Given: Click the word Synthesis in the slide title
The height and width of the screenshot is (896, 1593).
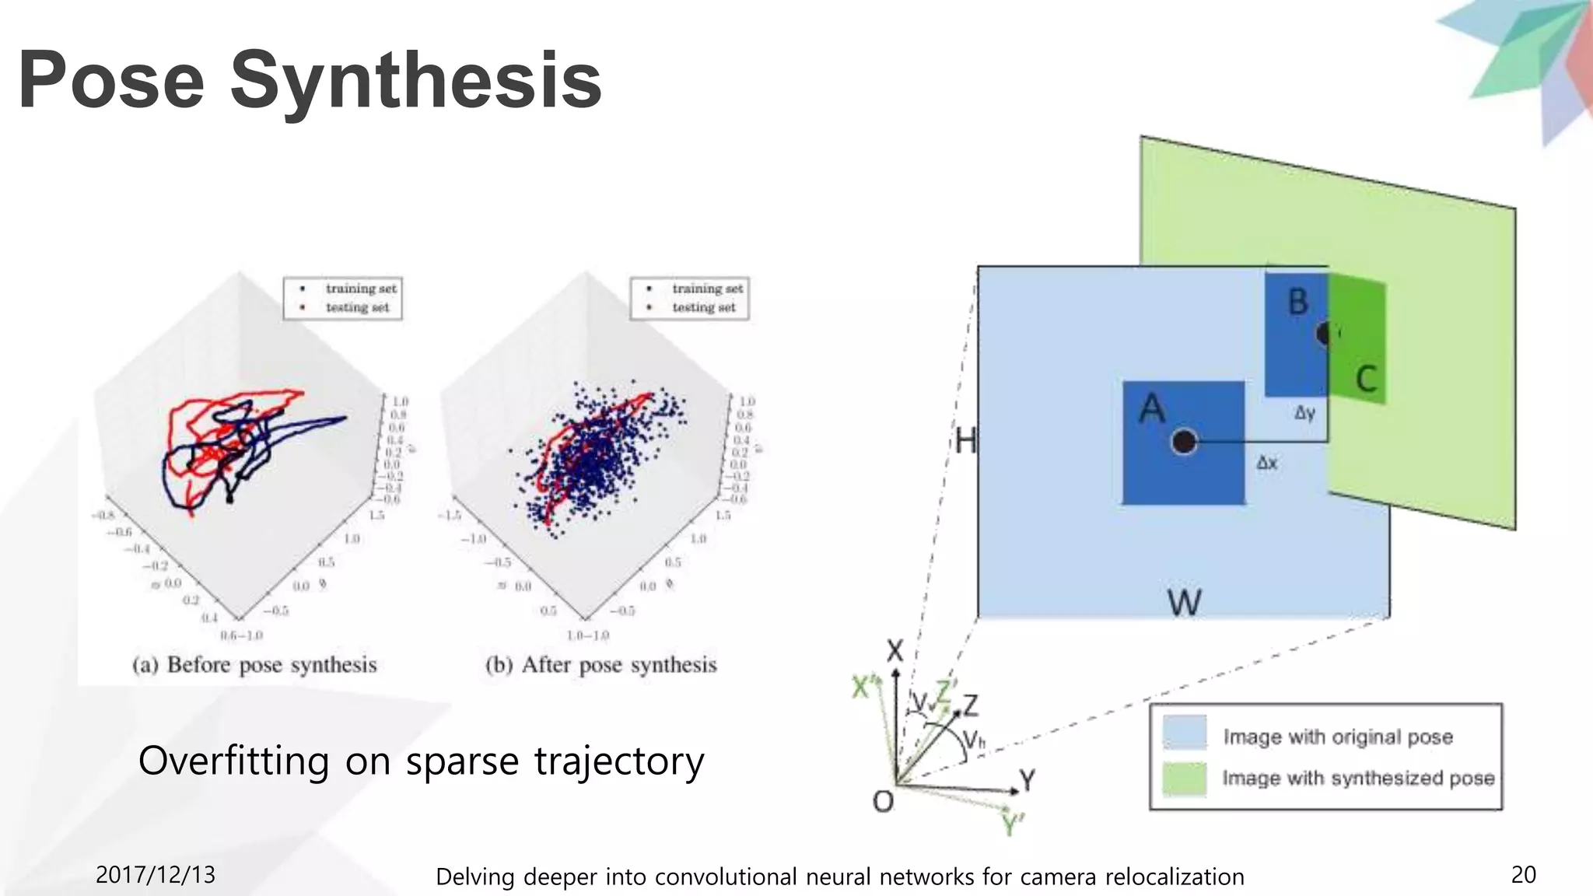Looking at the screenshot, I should click(x=416, y=80).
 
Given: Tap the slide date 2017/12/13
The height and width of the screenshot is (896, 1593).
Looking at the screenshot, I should click(x=155, y=875).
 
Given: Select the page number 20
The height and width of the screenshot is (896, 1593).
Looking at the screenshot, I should click(x=1523, y=875).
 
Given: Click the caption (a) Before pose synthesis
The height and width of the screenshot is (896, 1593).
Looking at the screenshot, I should click(x=254, y=665).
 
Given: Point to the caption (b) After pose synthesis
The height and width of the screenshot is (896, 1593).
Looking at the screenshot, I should click(x=600, y=665).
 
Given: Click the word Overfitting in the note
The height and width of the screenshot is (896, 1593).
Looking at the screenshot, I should click(x=233, y=761).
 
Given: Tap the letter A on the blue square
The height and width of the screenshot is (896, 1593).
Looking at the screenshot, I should click(x=1152, y=409).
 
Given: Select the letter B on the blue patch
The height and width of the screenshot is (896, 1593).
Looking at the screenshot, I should click(x=1297, y=302).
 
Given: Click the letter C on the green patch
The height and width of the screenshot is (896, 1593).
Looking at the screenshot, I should click(x=1366, y=380).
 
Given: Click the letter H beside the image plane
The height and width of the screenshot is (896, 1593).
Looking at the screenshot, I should click(x=965, y=442).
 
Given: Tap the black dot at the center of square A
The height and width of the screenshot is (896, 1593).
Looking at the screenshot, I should click(x=1183, y=442).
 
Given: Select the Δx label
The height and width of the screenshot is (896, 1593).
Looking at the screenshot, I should click(x=1266, y=464).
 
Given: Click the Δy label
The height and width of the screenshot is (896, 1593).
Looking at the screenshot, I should click(x=1304, y=414).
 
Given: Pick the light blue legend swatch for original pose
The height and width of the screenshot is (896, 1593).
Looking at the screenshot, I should click(x=1184, y=733).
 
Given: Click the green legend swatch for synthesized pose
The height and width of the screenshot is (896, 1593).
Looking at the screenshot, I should click(x=1184, y=779).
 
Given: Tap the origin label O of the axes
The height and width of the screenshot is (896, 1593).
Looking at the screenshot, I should click(x=883, y=801).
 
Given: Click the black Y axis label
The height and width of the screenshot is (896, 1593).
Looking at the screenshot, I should click(x=1027, y=779).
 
